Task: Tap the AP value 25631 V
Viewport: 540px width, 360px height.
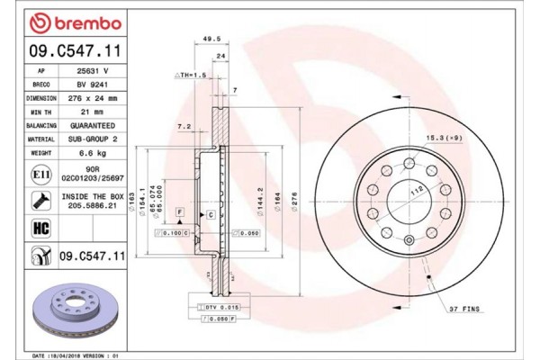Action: (91, 70)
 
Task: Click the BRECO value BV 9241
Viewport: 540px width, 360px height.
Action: (91, 84)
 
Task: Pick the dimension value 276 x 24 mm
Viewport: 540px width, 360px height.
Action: (91, 97)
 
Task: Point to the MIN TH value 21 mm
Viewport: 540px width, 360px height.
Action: (91, 111)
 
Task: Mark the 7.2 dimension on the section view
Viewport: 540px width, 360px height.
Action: (184, 125)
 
